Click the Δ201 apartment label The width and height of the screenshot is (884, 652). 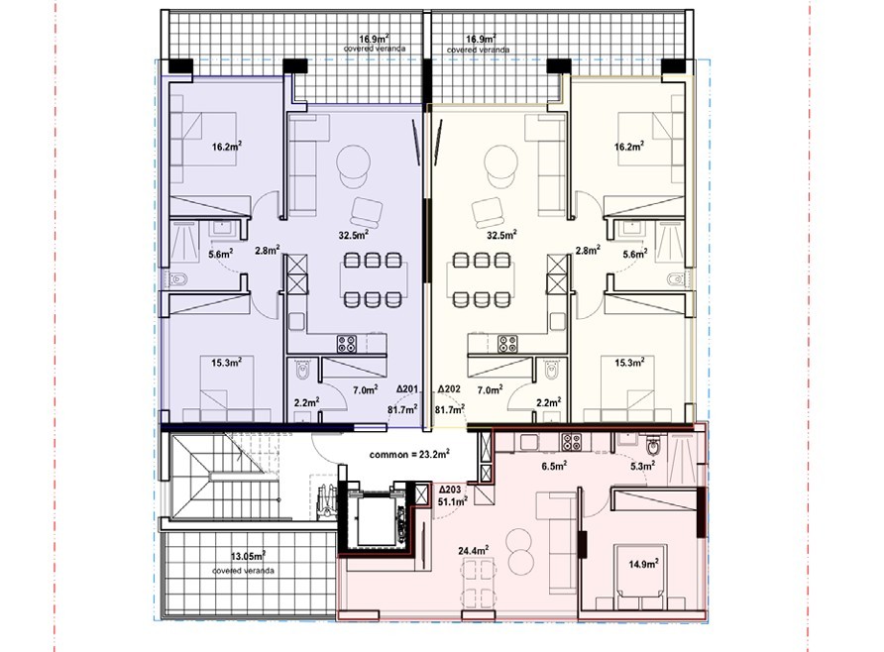coord(406,388)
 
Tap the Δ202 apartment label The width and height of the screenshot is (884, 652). coord(449,388)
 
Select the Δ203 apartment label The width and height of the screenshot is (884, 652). coord(450,489)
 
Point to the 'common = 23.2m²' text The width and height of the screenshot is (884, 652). coord(409,454)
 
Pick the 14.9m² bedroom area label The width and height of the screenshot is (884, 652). coord(644,563)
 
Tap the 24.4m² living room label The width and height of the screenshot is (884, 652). coord(473,549)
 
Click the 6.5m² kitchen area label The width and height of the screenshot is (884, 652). coord(554,466)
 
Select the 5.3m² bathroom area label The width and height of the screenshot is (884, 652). coord(643,466)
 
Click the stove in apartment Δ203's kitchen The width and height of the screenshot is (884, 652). coord(571,442)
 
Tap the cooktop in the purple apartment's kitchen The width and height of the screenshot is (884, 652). coord(347,344)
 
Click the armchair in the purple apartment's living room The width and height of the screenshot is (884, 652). coord(367,212)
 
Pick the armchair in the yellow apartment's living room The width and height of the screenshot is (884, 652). coord(488,212)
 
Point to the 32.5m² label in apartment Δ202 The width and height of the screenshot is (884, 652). coord(501,235)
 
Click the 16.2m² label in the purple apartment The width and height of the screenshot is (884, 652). coord(227,147)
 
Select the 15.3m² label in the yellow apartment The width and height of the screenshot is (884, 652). coord(629,363)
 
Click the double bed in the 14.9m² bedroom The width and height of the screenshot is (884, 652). coord(641,576)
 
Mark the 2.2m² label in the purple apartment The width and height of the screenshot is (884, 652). coord(306,402)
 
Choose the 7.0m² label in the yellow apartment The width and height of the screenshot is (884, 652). coord(490,389)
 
